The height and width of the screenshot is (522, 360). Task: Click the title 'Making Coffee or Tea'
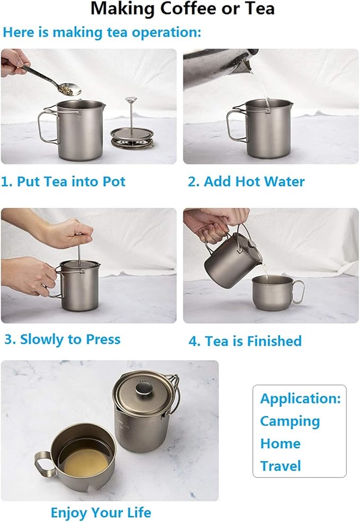(182, 9)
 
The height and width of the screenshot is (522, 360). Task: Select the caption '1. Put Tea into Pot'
(63, 181)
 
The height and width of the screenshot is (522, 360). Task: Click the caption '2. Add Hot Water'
(246, 181)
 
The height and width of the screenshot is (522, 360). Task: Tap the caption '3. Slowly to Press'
(62, 340)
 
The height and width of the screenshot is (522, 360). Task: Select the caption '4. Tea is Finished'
(244, 341)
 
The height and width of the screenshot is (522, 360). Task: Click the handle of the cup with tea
(43, 466)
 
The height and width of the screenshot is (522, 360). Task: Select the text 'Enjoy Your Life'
(101, 512)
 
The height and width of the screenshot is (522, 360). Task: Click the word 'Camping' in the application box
(289, 421)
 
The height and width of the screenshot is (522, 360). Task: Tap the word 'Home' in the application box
(280, 443)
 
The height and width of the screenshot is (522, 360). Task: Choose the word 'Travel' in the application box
(280, 466)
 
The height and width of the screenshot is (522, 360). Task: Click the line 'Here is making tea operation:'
(102, 32)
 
